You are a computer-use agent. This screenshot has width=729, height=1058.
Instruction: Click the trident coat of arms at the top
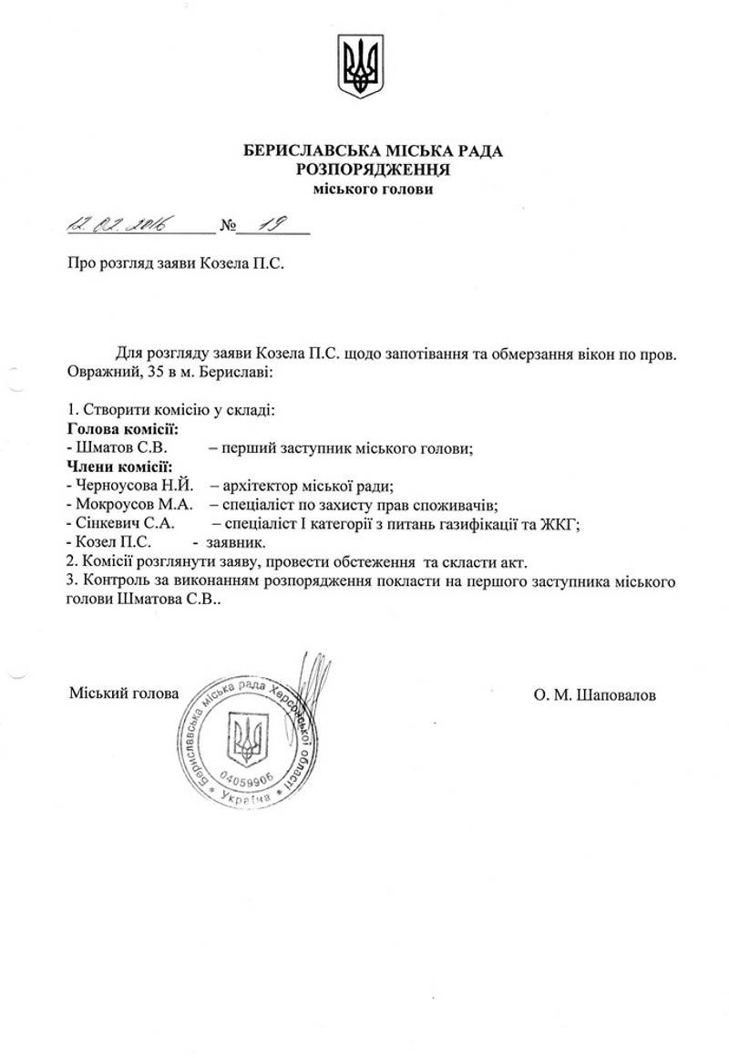[362, 67]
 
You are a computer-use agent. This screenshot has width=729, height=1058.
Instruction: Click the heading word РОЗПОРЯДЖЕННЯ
[375, 169]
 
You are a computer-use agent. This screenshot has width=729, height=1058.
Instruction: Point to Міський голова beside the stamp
[124, 693]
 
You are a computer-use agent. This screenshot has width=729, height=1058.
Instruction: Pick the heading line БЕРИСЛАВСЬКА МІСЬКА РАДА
[374, 149]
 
